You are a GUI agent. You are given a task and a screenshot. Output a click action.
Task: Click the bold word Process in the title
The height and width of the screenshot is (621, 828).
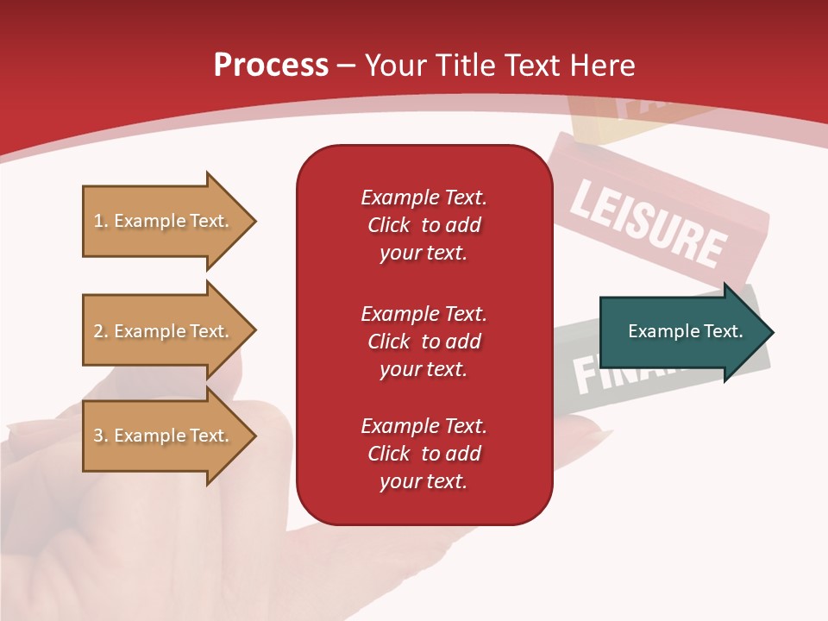coord(271,66)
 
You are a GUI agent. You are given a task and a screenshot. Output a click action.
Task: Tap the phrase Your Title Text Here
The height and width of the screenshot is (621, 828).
coord(500,66)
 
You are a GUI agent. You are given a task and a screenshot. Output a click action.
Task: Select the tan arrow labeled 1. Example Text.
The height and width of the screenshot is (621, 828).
coord(164,221)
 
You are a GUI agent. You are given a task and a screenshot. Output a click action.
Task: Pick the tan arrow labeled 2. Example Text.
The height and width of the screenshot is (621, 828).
coord(164,331)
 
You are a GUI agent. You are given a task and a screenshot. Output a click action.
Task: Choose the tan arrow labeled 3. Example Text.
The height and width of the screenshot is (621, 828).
coord(164,436)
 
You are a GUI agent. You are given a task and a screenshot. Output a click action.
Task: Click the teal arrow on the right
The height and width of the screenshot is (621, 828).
coord(681,332)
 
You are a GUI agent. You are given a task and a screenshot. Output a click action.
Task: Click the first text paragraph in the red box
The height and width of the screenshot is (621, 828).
coord(423,225)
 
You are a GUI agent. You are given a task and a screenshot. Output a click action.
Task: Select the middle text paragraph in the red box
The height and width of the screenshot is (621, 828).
coord(423,342)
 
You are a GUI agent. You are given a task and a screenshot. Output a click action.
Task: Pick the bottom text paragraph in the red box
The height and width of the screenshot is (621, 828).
coord(423,454)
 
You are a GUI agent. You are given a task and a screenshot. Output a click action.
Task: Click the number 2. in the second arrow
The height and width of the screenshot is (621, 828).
coord(101,331)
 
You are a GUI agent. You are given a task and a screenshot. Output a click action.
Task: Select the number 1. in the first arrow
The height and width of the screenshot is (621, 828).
coord(101,221)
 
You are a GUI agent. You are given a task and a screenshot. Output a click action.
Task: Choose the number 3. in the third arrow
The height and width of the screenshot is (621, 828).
coord(101,436)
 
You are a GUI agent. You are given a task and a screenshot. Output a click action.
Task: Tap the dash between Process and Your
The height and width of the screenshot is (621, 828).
coord(347,66)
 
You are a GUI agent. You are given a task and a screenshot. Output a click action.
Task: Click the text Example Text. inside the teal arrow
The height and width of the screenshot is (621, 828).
coord(685,331)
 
